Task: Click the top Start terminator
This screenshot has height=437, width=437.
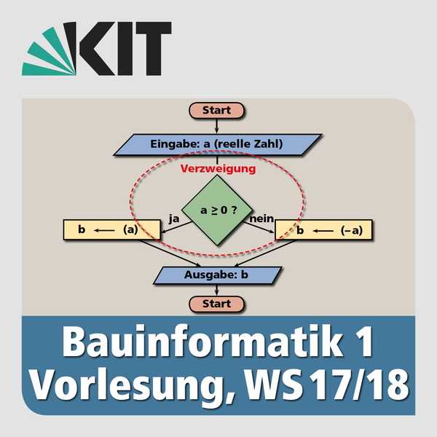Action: pos(217,111)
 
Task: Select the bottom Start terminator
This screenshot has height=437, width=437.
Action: pos(217,304)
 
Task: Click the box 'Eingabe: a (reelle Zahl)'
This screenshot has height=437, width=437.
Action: pos(217,143)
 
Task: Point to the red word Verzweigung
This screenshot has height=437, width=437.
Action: pos(217,169)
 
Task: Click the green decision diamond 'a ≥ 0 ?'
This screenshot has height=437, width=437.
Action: pos(217,211)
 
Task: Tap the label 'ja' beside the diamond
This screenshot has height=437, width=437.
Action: pos(173,218)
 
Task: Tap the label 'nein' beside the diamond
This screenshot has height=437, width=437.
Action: pos(261,218)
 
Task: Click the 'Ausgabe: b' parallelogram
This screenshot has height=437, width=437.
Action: pos(217,275)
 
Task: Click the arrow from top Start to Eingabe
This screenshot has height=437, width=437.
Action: pos(217,126)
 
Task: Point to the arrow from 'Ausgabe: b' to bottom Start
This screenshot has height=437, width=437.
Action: pos(217,289)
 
